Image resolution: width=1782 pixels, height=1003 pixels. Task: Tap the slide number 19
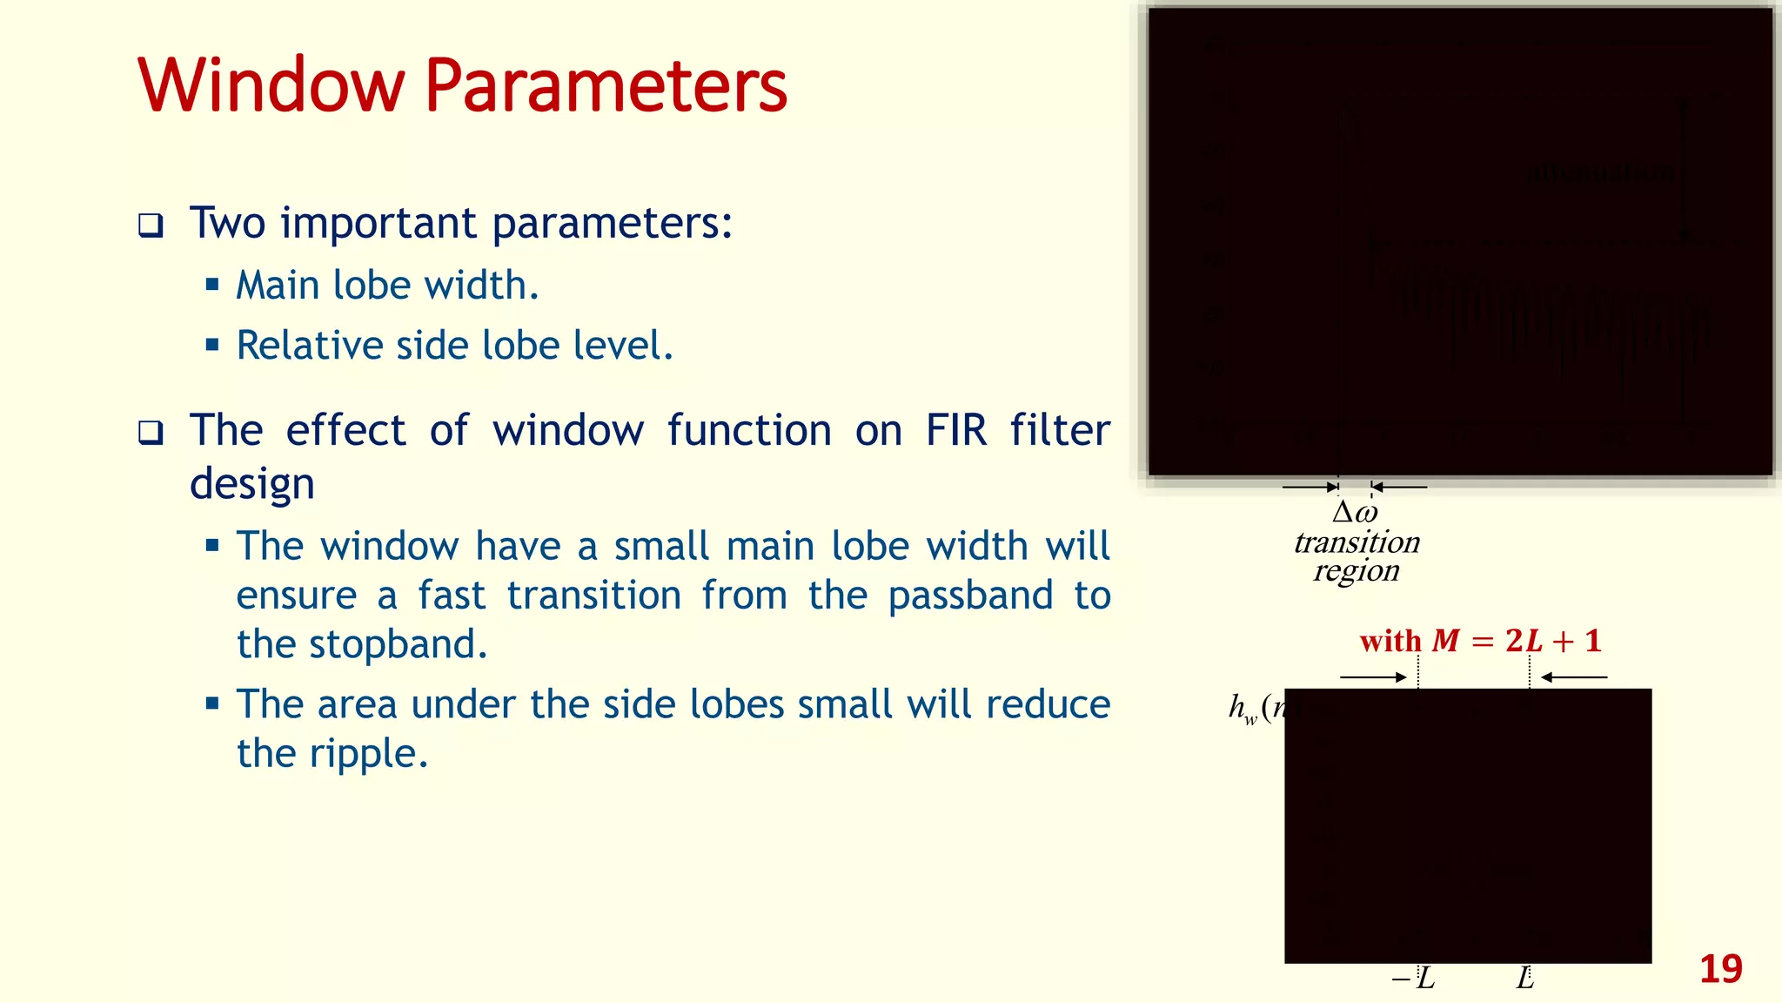pyautogui.click(x=1720, y=969)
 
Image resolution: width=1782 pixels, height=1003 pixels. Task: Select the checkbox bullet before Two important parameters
pyautogui.click(x=151, y=226)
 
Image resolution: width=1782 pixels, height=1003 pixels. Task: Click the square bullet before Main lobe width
pyautogui.click(x=212, y=284)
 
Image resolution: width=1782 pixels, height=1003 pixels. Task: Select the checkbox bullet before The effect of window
pyautogui.click(x=151, y=432)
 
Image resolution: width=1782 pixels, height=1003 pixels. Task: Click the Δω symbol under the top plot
pyautogui.click(x=1355, y=512)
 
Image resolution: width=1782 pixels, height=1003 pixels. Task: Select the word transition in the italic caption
pyautogui.click(x=1357, y=542)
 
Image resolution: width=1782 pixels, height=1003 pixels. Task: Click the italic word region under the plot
pyautogui.click(x=1357, y=571)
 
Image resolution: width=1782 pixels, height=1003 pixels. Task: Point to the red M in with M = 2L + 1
pyautogui.click(x=1445, y=641)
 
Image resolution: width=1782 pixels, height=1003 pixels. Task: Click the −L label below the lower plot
pyautogui.click(x=1414, y=979)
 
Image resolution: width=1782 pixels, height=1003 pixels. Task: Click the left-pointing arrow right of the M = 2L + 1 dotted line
pyautogui.click(x=1574, y=677)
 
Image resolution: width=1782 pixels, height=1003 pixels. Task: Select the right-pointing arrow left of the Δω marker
pyautogui.click(x=1310, y=487)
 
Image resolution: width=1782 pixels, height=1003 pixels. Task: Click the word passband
pyautogui.click(x=970, y=596)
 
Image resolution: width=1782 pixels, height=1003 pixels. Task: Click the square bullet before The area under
pyautogui.click(x=212, y=703)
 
